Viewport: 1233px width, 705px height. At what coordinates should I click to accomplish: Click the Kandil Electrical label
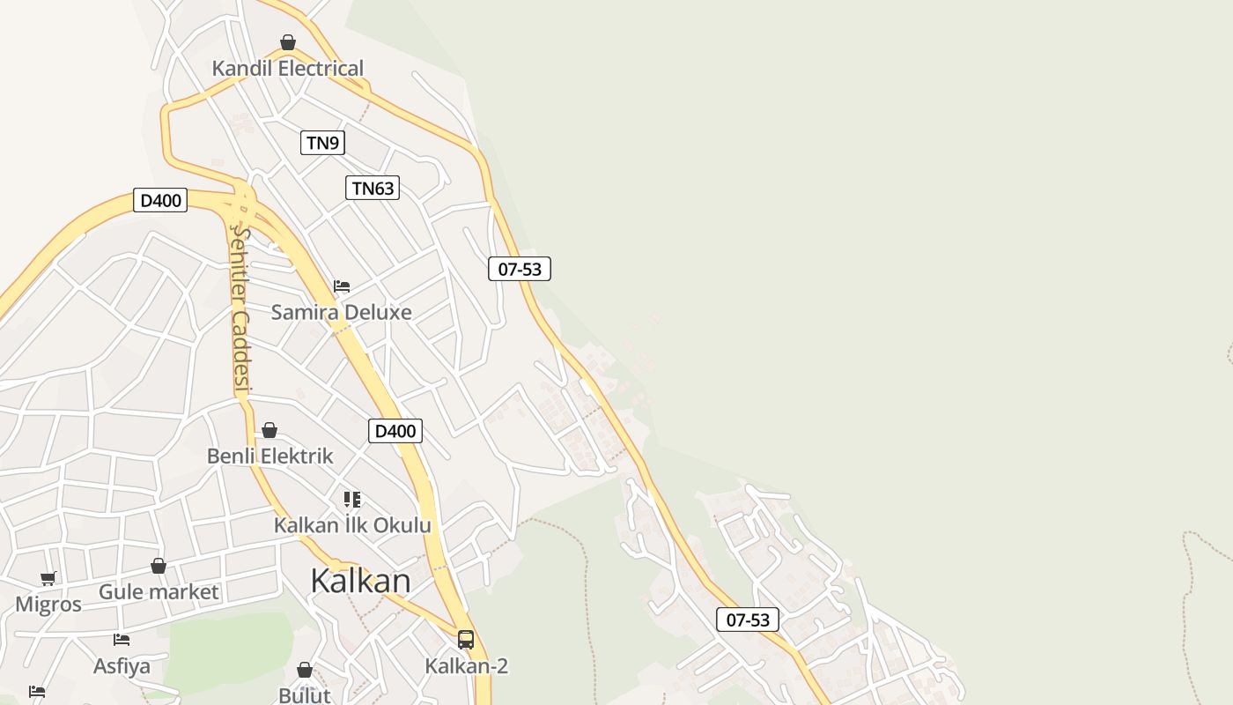(287, 69)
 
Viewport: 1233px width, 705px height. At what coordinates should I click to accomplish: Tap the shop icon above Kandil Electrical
(287, 42)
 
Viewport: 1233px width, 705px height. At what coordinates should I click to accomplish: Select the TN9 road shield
(322, 143)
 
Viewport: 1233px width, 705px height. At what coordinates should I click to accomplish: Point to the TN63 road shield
(372, 188)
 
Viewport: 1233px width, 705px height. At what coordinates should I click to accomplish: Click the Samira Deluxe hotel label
(341, 312)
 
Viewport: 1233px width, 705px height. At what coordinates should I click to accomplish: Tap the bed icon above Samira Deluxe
(342, 286)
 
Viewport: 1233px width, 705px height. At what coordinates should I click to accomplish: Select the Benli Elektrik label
(269, 456)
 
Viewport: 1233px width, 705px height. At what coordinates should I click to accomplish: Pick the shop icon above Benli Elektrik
(269, 430)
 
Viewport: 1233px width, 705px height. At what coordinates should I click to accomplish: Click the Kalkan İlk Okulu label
(352, 525)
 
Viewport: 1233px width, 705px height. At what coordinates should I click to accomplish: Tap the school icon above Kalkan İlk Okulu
(352, 500)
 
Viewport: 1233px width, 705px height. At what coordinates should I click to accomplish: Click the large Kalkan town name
(360, 581)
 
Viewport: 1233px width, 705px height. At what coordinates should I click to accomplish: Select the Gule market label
(159, 591)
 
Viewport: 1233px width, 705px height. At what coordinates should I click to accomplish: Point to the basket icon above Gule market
(159, 566)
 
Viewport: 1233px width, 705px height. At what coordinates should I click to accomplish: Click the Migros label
(48, 605)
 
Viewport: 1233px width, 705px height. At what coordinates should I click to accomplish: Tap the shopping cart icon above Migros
(48, 579)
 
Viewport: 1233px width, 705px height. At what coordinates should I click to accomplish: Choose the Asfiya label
(122, 665)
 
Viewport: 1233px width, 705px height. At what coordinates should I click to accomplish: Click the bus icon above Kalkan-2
(466, 640)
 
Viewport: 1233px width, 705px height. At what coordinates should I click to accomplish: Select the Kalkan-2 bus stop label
(466, 665)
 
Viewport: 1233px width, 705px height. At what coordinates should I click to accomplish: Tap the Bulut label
(304, 695)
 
